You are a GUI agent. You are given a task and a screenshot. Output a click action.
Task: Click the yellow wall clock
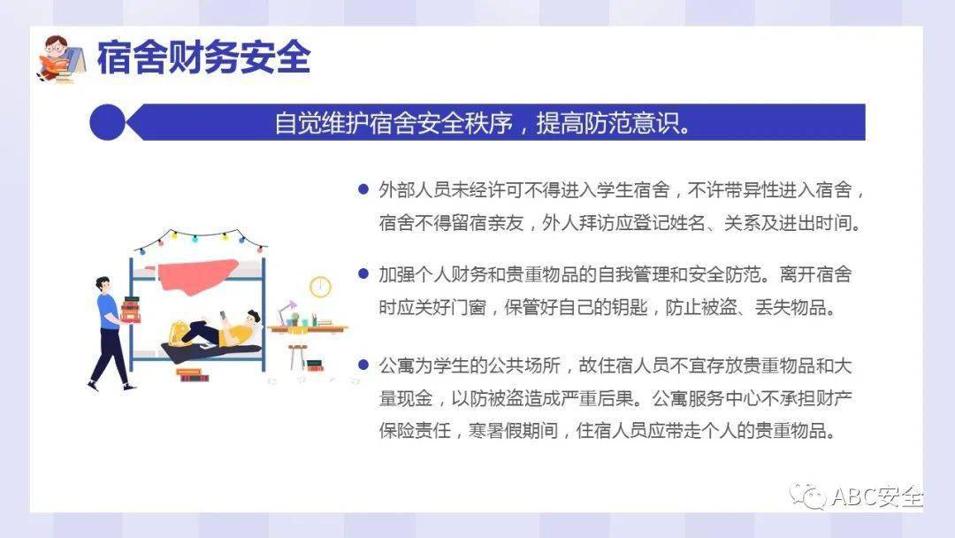point(320,287)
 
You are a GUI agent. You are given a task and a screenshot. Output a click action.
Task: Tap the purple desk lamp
point(286,311)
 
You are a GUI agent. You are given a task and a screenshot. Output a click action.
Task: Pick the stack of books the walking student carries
point(131,309)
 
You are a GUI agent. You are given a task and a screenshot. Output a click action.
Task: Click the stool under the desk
point(296,353)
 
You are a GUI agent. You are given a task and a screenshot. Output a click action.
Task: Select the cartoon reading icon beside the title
point(60,58)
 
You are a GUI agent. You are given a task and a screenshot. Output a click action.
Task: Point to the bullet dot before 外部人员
point(363,189)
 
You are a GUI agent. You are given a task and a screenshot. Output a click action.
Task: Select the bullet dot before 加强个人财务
point(363,274)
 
